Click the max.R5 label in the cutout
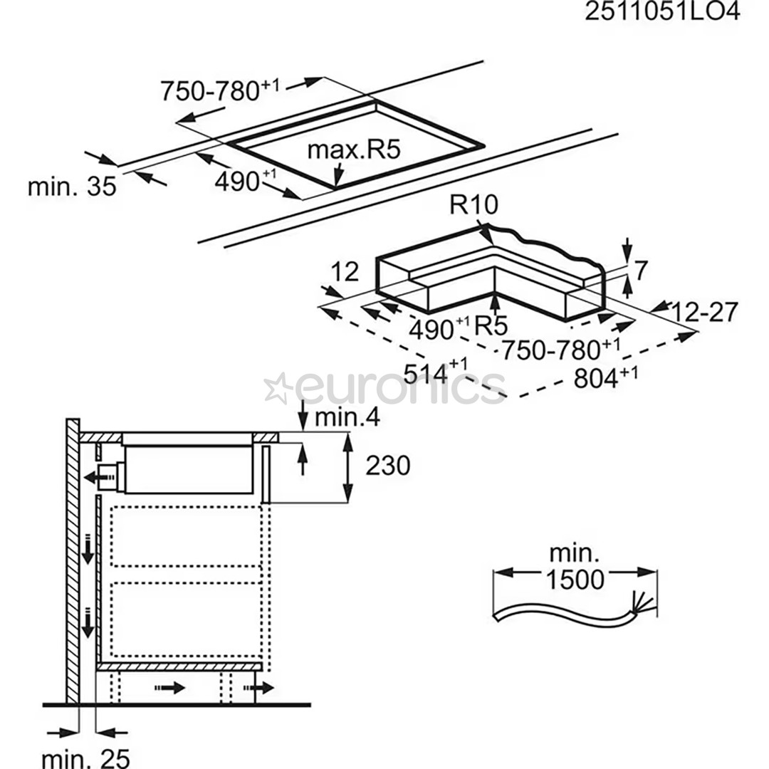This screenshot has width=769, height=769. (355, 150)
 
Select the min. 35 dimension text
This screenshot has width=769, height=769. (71, 187)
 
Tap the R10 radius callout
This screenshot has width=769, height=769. (474, 206)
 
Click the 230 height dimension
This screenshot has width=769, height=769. (388, 466)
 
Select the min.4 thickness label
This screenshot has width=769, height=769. (347, 417)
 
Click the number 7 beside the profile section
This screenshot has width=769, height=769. (641, 271)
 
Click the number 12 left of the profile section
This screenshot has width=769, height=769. (344, 272)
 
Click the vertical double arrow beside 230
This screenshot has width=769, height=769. (347, 466)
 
